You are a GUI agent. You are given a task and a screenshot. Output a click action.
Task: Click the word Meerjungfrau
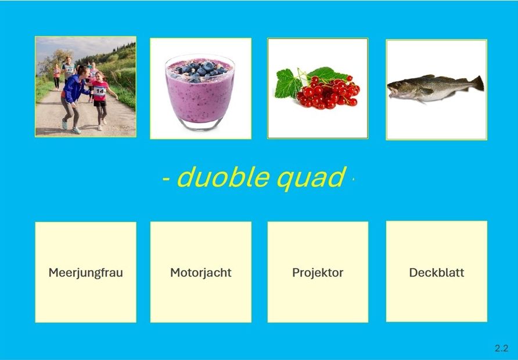coord(85,273)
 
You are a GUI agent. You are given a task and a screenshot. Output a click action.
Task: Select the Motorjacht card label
coord(201,273)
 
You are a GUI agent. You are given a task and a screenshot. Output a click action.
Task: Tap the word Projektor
coord(318,273)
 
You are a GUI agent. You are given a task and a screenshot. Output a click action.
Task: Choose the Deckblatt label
coord(437,272)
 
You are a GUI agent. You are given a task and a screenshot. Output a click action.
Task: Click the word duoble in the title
coord(223,177)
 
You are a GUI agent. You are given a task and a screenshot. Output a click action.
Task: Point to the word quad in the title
coord(311,178)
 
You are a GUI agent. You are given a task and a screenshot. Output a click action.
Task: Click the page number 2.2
coord(502,348)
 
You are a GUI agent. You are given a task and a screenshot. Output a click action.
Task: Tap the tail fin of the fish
coord(477,83)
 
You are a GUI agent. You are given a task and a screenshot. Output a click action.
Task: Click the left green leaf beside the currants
coord(288,84)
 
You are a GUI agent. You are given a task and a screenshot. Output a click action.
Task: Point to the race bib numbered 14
coord(99,91)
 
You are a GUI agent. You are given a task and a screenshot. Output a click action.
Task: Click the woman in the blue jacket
coord(73,99)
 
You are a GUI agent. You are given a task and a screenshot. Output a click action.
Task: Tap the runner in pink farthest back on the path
coord(57,77)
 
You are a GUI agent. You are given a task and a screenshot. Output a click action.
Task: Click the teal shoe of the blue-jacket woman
coord(77,130)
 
